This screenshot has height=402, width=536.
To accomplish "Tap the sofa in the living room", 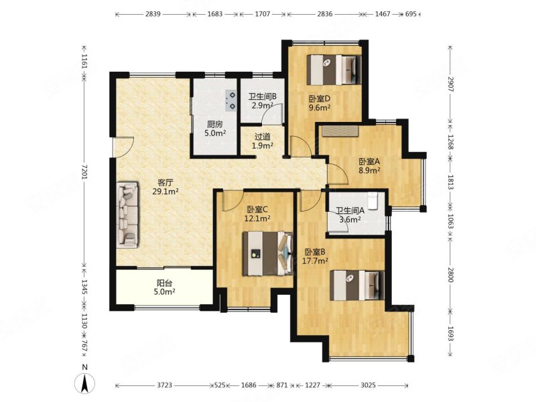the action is click(127, 214).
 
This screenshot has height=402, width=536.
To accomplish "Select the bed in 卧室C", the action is click(268, 254).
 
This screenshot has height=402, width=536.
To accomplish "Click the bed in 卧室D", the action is click(334, 70).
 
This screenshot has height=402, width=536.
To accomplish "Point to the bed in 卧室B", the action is click(357, 285).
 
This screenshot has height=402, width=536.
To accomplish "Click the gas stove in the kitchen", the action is click(230, 100).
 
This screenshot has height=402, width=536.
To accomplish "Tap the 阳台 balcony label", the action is click(164, 283).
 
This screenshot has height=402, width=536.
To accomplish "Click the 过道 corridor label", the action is click(263, 137).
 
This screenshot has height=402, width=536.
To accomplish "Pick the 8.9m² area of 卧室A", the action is click(370, 170).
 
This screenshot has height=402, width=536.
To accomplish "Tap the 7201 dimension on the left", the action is click(84, 172).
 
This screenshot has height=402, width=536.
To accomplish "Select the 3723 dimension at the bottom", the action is click(164, 385).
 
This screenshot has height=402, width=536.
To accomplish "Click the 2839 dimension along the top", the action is click(153, 14).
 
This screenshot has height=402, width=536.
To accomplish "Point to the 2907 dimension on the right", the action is click(450, 84).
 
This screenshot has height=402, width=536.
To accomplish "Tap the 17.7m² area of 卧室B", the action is click(315, 261).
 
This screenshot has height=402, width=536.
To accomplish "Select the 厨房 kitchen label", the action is click(214, 125).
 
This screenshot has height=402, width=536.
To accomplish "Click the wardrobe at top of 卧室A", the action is click(340, 131).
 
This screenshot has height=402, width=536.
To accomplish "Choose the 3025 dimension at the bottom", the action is click(368, 385).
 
